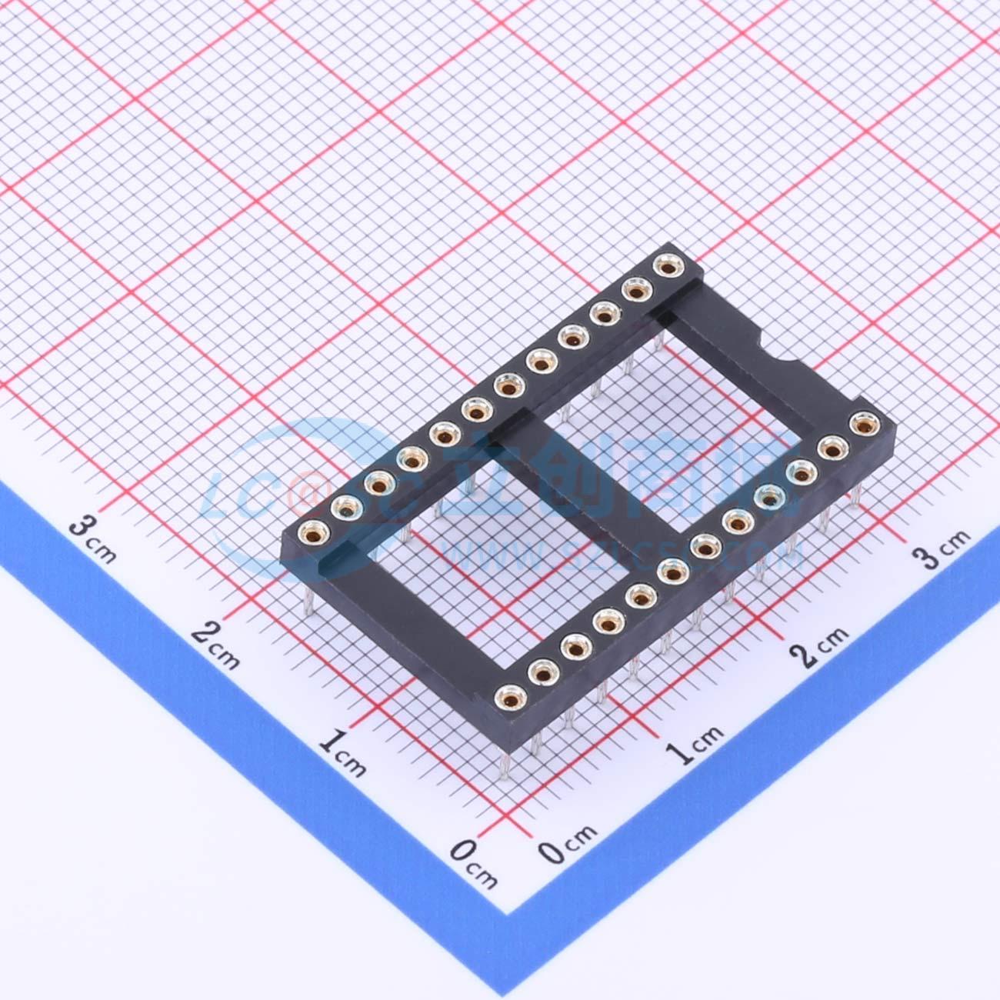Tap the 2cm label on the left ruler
(216, 644)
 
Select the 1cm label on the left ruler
(342, 752)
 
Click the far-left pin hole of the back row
(315, 532)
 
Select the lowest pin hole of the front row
(509, 698)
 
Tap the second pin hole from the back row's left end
(347, 507)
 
